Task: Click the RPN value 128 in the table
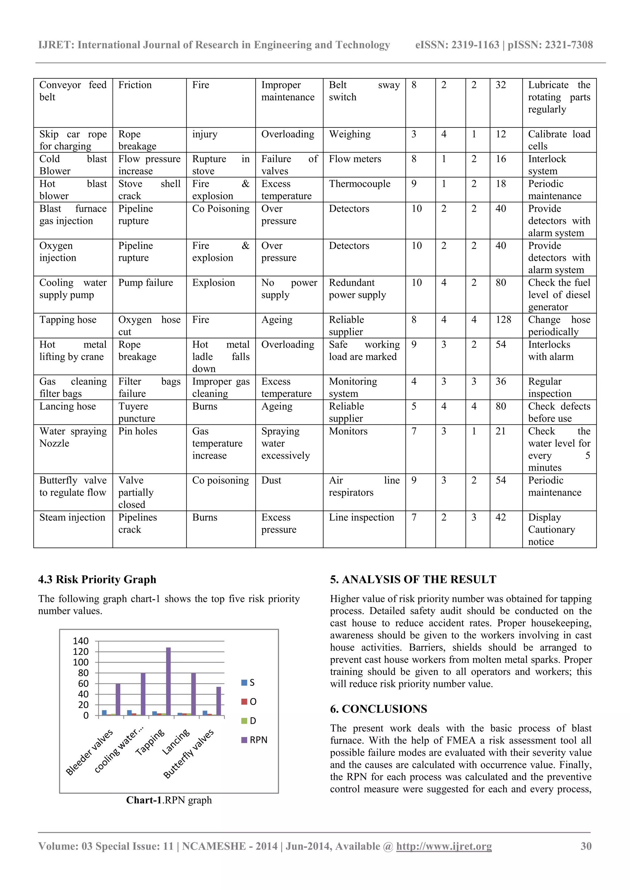click(x=503, y=320)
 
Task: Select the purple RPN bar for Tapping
click(x=168, y=681)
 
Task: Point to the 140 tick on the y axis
click(x=81, y=641)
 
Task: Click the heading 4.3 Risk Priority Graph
click(x=97, y=580)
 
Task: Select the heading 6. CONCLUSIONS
click(x=378, y=709)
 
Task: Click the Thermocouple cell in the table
click(x=359, y=184)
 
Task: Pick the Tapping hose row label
click(x=68, y=320)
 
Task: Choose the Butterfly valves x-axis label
click(x=189, y=754)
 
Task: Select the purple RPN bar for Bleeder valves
click(x=118, y=699)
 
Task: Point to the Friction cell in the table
click(x=135, y=85)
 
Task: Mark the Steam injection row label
click(x=72, y=518)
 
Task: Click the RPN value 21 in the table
click(x=500, y=431)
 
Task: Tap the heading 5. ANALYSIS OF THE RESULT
click(x=413, y=580)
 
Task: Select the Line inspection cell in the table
click(x=361, y=518)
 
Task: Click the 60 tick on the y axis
click(x=83, y=683)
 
